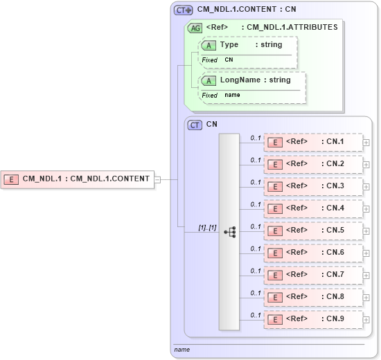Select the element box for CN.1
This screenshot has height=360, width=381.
click(313, 143)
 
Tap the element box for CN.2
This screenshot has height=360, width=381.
click(313, 165)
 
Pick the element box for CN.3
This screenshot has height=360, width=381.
click(313, 186)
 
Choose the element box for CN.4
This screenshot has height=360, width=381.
click(313, 208)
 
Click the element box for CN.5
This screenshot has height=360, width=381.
click(313, 231)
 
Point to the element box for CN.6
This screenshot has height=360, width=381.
click(313, 253)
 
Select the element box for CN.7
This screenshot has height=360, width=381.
click(313, 275)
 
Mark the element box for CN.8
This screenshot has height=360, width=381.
click(313, 297)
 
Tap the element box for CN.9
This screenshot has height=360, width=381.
click(313, 319)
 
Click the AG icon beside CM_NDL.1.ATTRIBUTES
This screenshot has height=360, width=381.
click(195, 28)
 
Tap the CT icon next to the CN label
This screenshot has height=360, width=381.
click(195, 125)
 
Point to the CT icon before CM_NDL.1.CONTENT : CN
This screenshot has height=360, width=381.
click(183, 10)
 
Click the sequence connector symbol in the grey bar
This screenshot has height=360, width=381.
click(229, 231)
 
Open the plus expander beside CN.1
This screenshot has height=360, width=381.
click(366, 143)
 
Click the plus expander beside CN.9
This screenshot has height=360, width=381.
click(366, 320)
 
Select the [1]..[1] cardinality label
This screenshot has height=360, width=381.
click(207, 227)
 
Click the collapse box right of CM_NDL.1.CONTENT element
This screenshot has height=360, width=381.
click(157, 179)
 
